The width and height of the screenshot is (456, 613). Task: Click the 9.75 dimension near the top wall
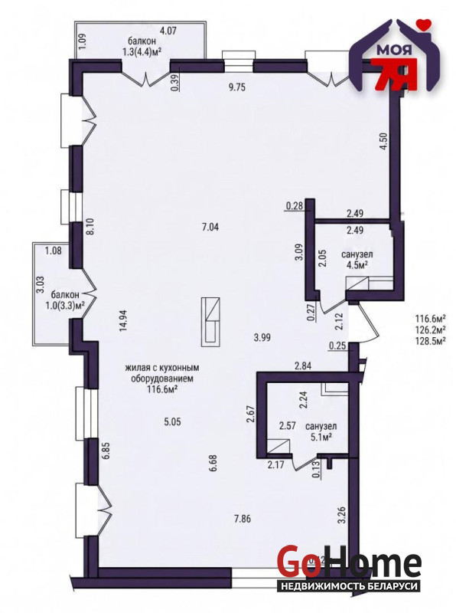(237, 87)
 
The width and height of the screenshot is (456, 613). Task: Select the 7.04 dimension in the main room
(210, 227)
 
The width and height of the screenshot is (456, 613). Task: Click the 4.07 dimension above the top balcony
(168, 30)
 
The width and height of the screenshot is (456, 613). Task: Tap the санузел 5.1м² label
(321, 431)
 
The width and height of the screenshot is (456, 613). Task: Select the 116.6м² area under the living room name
(162, 389)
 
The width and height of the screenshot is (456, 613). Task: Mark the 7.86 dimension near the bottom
(242, 520)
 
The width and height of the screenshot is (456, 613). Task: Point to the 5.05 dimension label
(172, 422)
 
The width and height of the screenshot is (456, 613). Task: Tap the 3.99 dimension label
(262, 337)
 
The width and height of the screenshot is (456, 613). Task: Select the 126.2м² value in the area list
(432, 330)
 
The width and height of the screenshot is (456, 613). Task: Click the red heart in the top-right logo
(423, 23)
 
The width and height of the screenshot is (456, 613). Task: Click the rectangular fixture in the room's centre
(210, 321)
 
